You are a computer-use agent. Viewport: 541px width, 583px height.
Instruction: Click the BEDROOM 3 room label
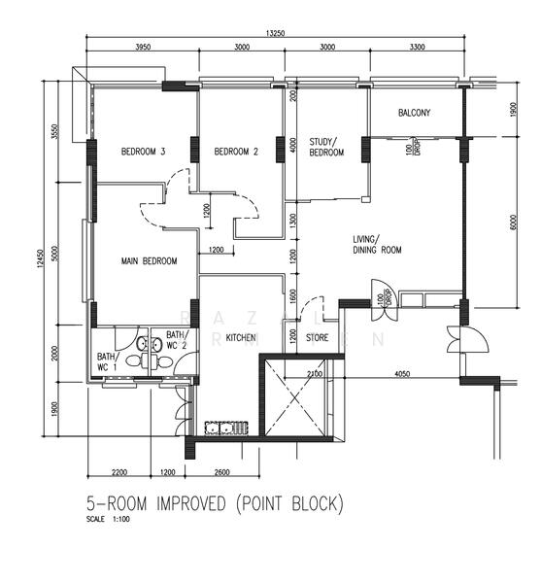pos(144,152)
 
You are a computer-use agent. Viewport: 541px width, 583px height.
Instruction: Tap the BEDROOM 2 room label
pos(236,152)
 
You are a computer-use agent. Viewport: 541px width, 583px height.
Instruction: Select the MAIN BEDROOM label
pos(149,261)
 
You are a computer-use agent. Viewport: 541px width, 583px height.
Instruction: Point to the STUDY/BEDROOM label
pos(326,148)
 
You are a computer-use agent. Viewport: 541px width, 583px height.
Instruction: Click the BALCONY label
pos(414,114)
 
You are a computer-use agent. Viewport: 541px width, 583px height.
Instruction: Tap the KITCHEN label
pos(240,338)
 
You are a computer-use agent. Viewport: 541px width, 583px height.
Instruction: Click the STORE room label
pos(318,338)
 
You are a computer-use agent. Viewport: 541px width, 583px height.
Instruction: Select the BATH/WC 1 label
pos(106,362)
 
